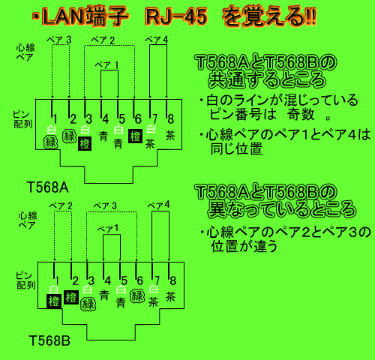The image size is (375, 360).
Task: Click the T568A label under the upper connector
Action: (47, 187)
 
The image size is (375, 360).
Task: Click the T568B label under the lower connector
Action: (49, 340)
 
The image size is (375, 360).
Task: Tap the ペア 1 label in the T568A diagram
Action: (106, 65)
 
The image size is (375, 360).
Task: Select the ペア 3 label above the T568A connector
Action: (59, 40)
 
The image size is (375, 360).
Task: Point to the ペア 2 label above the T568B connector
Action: (61, 206)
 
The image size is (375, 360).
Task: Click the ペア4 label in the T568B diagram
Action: (158, 205)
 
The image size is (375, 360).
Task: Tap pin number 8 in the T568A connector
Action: (170, 119)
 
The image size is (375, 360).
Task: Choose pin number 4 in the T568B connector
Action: (108, 280)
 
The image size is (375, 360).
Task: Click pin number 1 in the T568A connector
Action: (55, 119)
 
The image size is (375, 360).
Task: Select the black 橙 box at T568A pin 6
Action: (135, 136)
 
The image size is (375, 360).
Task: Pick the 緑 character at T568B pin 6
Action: (137, 296)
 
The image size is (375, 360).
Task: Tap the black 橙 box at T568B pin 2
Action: (71, 297)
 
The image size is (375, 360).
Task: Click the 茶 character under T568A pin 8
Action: (170, 136)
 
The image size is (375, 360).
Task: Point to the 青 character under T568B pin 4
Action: (104, 295)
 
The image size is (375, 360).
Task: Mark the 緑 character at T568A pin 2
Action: (69, 136)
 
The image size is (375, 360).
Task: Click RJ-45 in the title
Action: (177, 16)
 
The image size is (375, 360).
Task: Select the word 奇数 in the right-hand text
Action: (301, 115)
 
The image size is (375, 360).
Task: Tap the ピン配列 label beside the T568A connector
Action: (22, 119)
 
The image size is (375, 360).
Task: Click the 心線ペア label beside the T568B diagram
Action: (28, 220)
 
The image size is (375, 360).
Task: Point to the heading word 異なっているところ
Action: (282, 208)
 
